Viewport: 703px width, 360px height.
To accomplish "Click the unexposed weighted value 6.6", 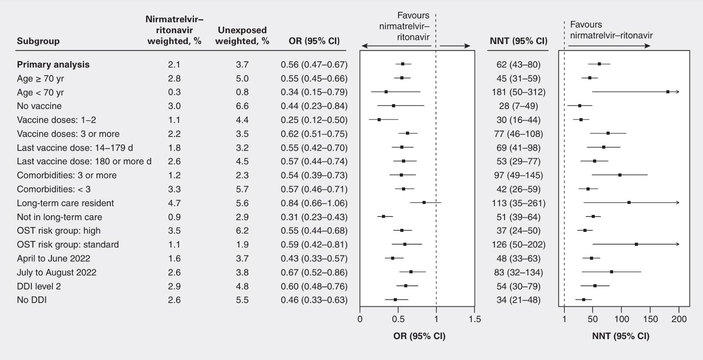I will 242,106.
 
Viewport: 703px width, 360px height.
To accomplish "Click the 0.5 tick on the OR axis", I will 398,319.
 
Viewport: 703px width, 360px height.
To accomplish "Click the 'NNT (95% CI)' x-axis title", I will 621,336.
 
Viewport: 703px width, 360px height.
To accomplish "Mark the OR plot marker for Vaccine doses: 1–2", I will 379,120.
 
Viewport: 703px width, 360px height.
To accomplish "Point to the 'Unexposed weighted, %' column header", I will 242,35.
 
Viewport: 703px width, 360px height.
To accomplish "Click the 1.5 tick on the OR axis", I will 475,319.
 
